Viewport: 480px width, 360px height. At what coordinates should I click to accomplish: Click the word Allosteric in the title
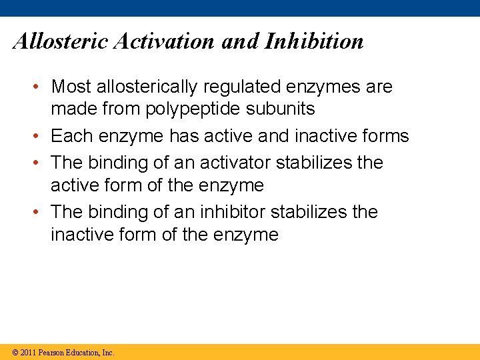pyautogui.click(x=61, y=41)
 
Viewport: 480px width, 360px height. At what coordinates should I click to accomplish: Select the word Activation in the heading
pyautogui.click(x=164, y=41)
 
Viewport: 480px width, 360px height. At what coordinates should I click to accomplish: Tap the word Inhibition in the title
pyautogui.click(x=315, y=41)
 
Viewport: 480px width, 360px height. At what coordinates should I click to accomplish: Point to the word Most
pyautogui.click(x=71, y=87)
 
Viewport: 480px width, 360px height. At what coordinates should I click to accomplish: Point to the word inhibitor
pyautogui.click(x=226, y=212)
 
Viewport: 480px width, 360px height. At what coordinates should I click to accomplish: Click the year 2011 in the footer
pyautogui.click(x=28, y=353)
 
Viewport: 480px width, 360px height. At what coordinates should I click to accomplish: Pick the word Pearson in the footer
pyautogui.click(x=53, y=353)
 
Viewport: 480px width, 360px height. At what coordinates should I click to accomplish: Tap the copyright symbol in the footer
pyautogui.click(x=14, y=353)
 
